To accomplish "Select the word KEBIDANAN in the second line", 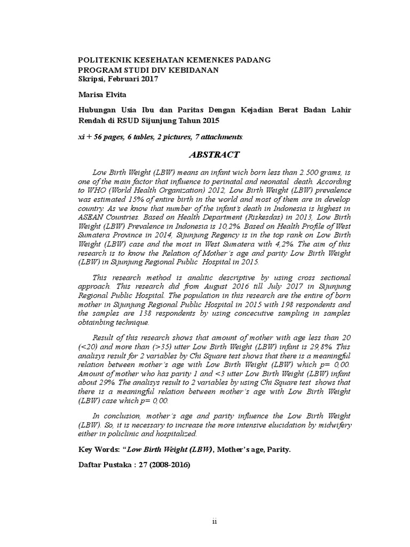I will coord(191,69).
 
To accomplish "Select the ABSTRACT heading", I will coord(215,155).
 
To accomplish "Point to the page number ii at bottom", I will coord(215,522).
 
